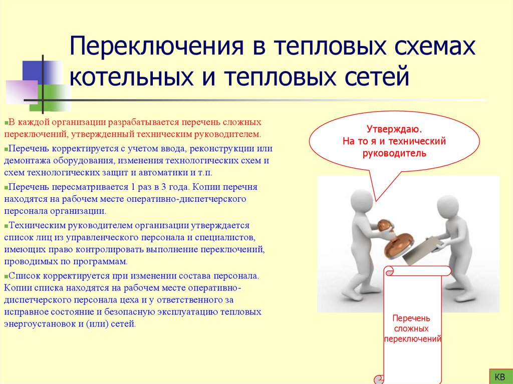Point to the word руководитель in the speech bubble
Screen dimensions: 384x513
[x=394, y=153]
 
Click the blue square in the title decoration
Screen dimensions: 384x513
[x=38, y=73]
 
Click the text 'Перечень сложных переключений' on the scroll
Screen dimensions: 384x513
[x=412, y=328]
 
